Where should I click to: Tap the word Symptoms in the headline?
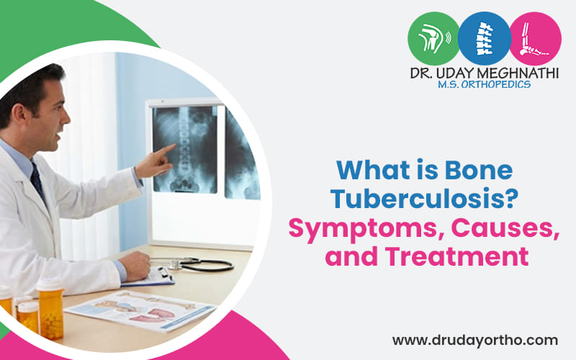click(x=362, y=228)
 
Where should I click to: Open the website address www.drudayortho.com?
click(x=474, y=339)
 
